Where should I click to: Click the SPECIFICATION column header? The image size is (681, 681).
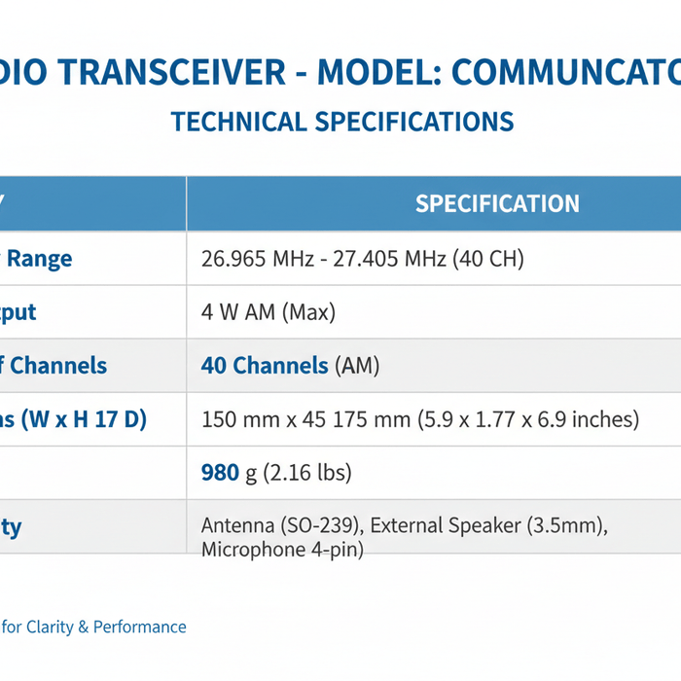[x=497, y=203]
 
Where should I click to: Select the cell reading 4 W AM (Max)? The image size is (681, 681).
[x=268, y=312]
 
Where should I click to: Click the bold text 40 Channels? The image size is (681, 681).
[x=265, y=366]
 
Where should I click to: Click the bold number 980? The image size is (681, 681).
[x=220, y=473]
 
